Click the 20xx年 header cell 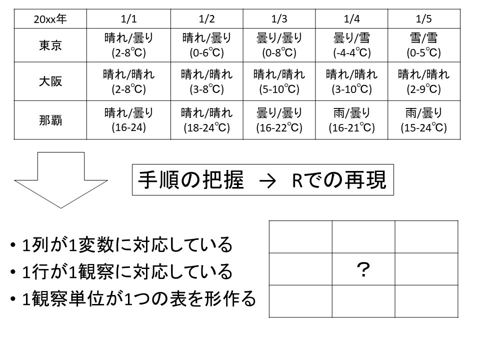[50, 19]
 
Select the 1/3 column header [279, 19]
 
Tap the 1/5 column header [423, 19]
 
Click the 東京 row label [50, 45]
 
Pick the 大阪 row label [50, 81]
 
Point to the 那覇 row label [50, 120]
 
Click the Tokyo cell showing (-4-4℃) [351, 45]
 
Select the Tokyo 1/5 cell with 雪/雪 [423, 45]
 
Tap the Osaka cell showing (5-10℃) [279, 81]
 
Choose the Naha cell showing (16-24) [128, 120]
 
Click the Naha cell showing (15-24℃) [423, 120]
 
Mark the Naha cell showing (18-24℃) [206, 120]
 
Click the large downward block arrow [61, 180]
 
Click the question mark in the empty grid [363, 270]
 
